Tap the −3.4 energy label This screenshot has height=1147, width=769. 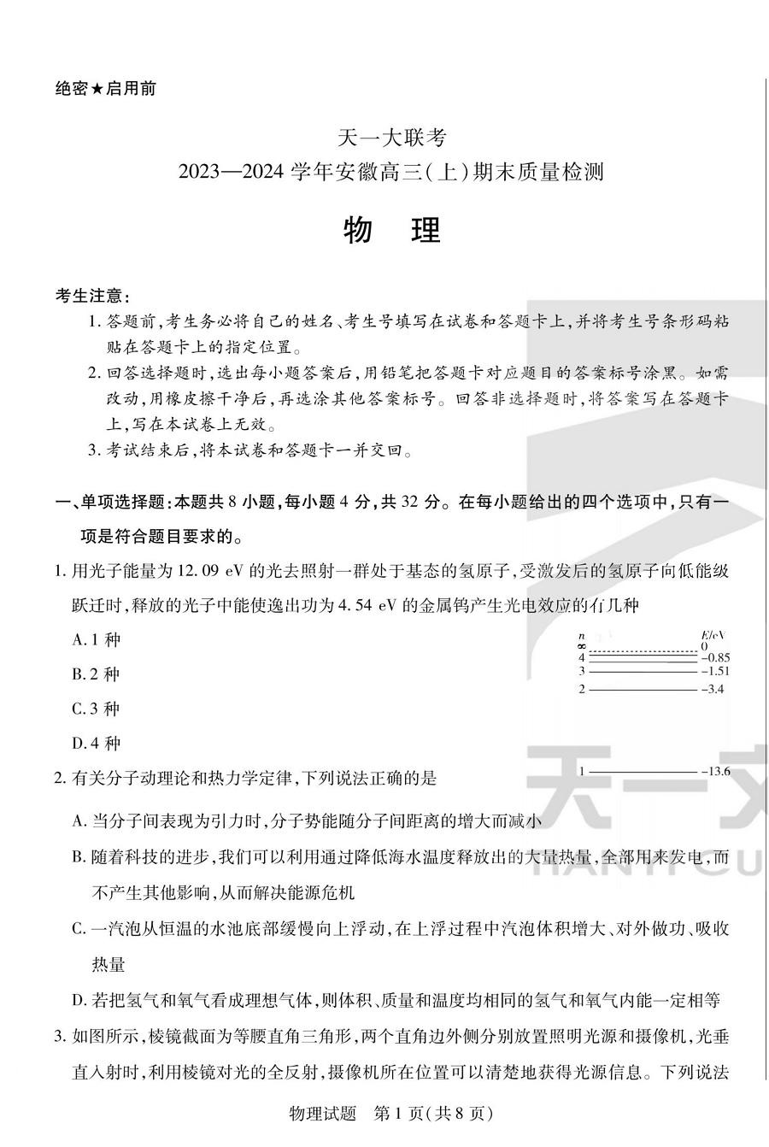(x=712, y=689)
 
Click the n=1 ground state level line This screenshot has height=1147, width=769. (x=643, y=771)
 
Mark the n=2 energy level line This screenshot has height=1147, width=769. (x=643, y=689)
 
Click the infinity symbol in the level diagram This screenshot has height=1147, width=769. (x=581, y=647)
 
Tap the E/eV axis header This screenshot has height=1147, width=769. (x=712, y=635)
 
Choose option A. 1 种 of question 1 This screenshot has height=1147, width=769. (x=97, y=639)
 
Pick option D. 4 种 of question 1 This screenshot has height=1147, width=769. (x=97, y=743)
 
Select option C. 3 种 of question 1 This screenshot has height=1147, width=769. (x=97, y=709)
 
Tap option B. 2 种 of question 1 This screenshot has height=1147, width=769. (x=97, y=674)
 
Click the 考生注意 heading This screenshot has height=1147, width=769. (x=92, y=297)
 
